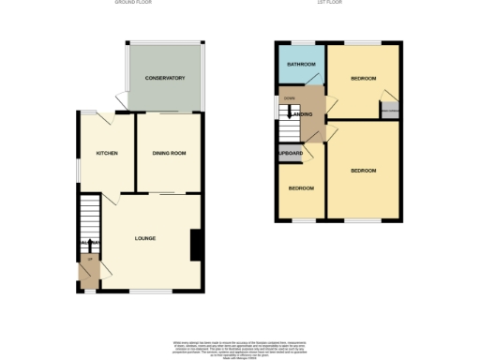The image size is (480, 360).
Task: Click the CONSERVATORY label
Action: (165, 78)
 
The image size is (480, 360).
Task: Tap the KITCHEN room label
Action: (106, 153)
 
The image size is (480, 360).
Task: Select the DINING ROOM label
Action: (169, 153)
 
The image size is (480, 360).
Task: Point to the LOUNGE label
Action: (144, 238)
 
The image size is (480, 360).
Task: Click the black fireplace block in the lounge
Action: (196, 245)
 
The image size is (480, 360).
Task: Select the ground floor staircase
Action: (88, 221)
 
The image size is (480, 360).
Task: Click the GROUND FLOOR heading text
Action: (133, 3)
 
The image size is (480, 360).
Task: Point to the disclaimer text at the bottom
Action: (240, 346)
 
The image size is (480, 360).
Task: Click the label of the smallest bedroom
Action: (300, 188)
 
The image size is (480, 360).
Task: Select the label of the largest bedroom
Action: (363, 171)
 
